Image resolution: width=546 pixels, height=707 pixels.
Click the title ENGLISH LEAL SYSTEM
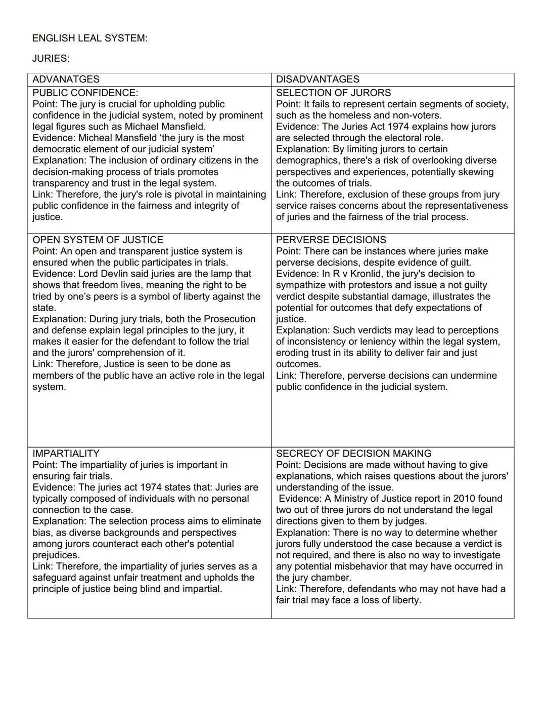click(x=89, y=38)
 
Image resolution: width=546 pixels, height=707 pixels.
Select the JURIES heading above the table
click(x=51, y=59)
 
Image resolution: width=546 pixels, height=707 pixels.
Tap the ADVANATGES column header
click(x=66, y=79)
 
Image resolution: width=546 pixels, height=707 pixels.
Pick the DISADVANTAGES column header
click(x=317, y=79)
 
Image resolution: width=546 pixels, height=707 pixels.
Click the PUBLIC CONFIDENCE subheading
click(x=85, y=93)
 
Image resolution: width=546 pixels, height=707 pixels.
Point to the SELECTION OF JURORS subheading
click(x=333, y=93)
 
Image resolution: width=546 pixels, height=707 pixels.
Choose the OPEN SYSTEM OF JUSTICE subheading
click(x=98, y=240)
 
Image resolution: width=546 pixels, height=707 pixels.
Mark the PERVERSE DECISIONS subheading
click(x=331, y=240)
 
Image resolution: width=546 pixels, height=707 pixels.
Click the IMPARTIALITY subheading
click(x=66, y=454)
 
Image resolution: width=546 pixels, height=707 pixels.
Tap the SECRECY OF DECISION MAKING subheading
click(x=353, y=454)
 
